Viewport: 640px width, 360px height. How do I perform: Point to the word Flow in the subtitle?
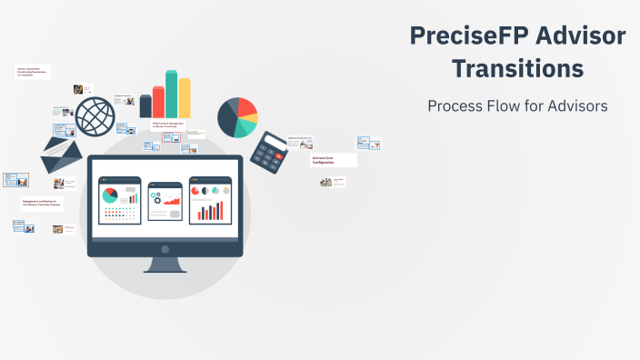[x=508, y=105]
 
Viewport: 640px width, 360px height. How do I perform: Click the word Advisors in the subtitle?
[x=575, y=105]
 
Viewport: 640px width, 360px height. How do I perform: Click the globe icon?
[x=95, y=117]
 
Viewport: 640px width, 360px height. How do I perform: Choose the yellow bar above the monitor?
[x=185, y=97]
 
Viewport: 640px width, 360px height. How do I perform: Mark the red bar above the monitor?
[x=158, y=102]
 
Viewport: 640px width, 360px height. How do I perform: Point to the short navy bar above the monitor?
[x=145, y=106]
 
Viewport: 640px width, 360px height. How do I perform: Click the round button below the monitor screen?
[x=165, y=248]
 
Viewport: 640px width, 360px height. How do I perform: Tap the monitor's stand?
[x=165, y=265]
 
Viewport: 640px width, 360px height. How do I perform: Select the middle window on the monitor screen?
[x=165, y=200]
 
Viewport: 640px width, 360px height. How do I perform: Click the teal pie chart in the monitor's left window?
[x=110, y=196]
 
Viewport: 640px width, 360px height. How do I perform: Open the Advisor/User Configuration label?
[x=333, y=160]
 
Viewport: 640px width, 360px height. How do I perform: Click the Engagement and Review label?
[x=40, y=204]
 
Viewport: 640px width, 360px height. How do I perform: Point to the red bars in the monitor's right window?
[x=210, y=212]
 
